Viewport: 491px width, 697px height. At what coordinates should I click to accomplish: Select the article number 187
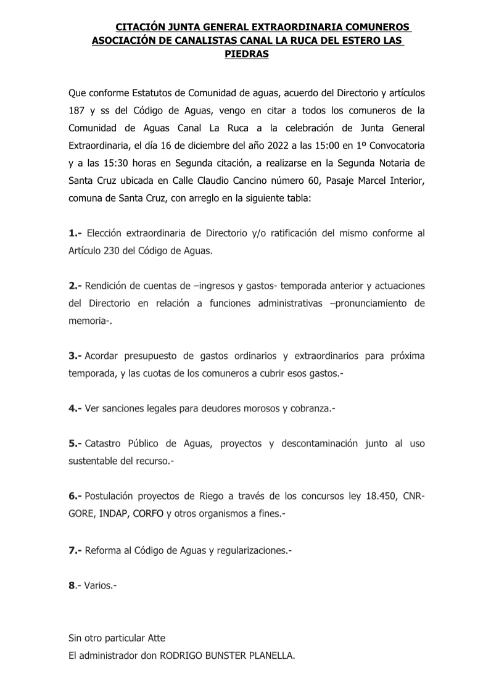(x=76, y=112)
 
